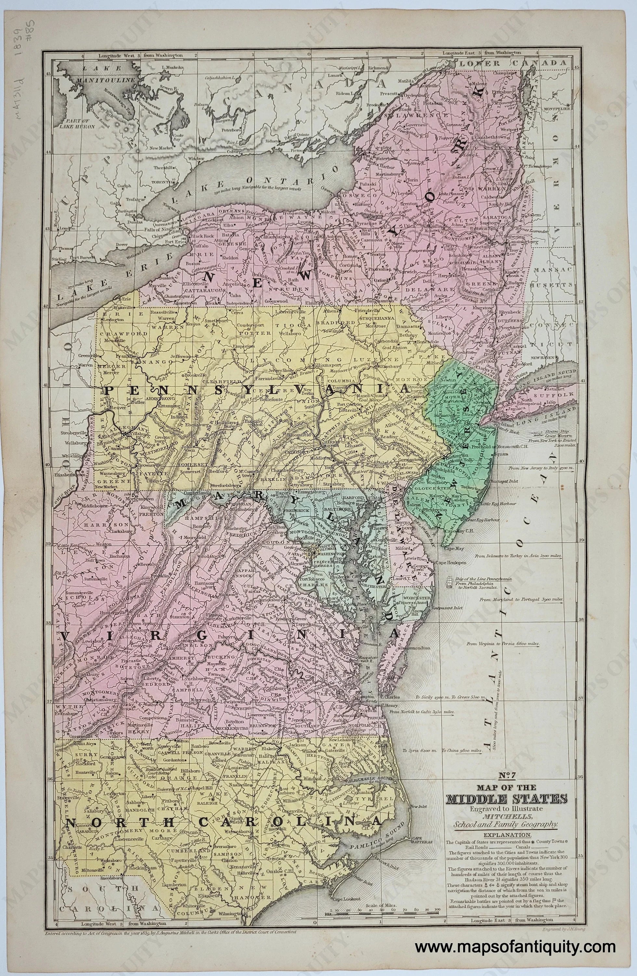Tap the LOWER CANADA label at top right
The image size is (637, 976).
click(x=512, y=63)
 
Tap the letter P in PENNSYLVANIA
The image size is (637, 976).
click(x=109, y=390)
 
